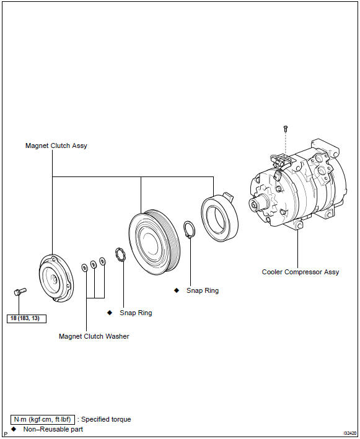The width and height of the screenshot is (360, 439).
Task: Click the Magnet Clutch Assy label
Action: (x=56, y=146)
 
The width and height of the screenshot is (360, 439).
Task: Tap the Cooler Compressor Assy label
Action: (x=301, y=272)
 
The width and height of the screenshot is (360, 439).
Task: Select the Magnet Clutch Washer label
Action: (x=94, y=336)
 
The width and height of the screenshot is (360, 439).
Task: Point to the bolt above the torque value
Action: (x=20, y=292)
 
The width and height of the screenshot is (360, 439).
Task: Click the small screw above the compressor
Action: (x=286, y=129)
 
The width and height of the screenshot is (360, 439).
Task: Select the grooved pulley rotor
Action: (x=154, y=242)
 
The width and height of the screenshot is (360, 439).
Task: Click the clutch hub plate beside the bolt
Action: (x=56, y=278)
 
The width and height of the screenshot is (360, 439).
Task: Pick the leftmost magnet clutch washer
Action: (x=84, y=267)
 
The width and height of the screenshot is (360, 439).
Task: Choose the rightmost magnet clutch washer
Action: (x=102, y=261)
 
